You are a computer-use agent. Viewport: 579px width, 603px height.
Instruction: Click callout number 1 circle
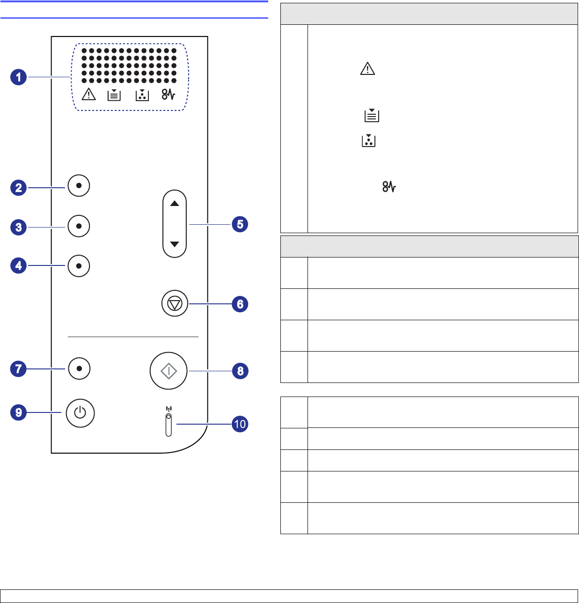(x=19, y=77)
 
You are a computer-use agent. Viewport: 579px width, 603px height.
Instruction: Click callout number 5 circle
(x=240, y=224)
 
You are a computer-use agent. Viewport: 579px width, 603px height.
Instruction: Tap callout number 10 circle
(x=240, y=424)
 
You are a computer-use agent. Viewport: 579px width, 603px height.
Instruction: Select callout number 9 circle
(x=19, y=412)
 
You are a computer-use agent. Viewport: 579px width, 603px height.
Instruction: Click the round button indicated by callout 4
(x=79, y=266)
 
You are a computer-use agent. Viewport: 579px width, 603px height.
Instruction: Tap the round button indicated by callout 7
(x=79, y=368)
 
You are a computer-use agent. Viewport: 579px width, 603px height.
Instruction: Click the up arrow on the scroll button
(x=175, y=204)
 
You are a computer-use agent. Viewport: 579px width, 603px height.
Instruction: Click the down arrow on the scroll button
(x=175, y=244)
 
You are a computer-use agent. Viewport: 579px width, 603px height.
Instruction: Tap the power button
(x=80, y=413)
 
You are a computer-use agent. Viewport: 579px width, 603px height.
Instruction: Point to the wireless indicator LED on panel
(x=169, y=416)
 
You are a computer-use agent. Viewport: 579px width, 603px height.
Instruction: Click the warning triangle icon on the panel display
(x=88, y=95)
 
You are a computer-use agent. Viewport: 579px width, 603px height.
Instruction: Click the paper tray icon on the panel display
(x=114, y=95)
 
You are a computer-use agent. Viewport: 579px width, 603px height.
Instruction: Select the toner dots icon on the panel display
(x=142, y=95)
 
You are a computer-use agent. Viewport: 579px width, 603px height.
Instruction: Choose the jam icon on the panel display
(x=169, y=95)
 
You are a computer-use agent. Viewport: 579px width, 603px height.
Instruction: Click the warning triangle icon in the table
(x=368, y=69)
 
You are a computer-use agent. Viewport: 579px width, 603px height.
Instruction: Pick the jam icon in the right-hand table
(x=389, y=187)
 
